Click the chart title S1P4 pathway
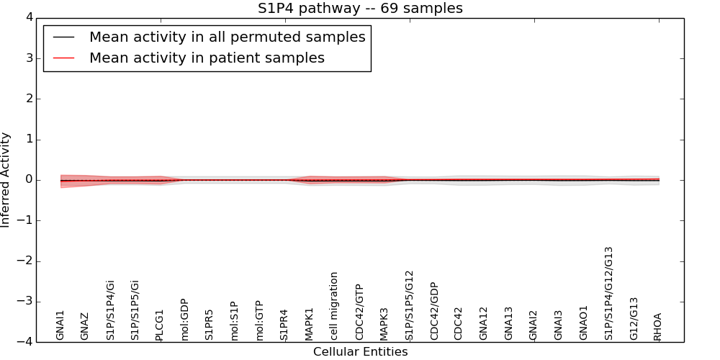[x=360, y=9]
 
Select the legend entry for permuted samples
[x=227, y=37]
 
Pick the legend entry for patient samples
[x=207, y=58]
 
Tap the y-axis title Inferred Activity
[x=6, y=180]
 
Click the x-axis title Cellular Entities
[x=360, y=352]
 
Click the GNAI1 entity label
[x=60, y=325]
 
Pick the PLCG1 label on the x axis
[x=160, y=325]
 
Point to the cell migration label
[x=334, y=306]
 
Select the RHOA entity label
[x=657, y=326]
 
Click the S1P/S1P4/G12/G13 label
[x=609, y=293]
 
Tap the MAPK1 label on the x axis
[x=310, y=324]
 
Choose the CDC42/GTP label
[x=359, y=312]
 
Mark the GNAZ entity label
[x=85, y=326]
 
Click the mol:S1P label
[x=235, y=321]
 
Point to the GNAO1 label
[x=584, y=323]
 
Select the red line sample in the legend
[x=64, y=58]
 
